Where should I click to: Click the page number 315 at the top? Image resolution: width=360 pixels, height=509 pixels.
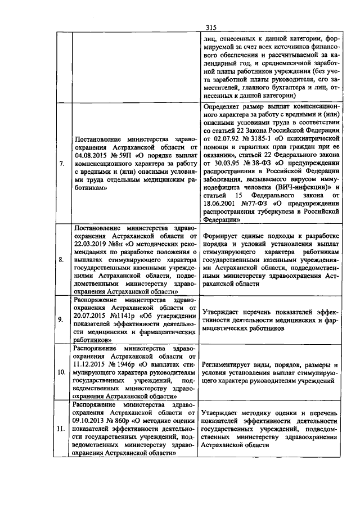[x=211, y=27]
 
